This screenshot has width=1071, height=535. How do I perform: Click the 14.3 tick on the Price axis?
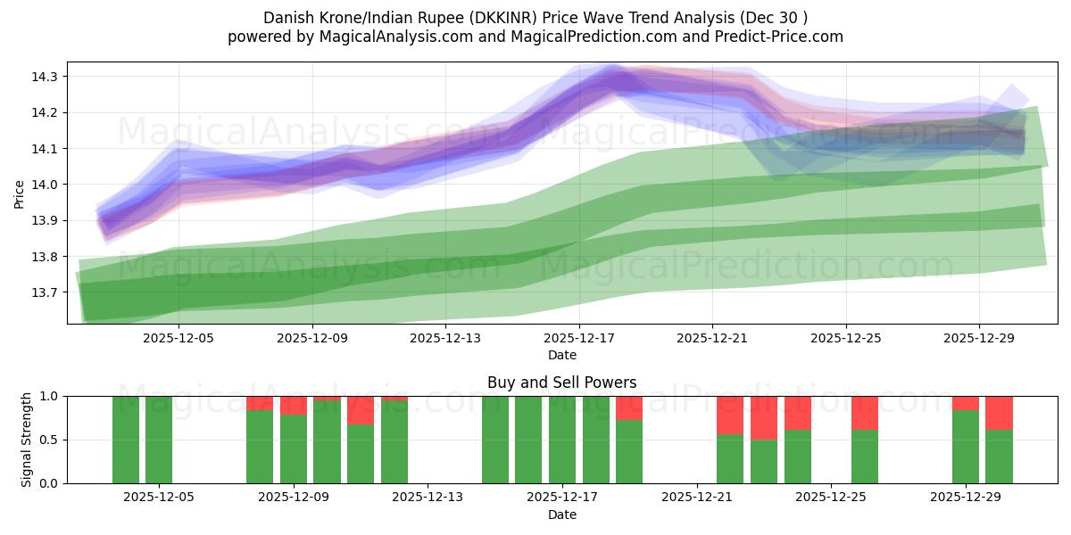45,77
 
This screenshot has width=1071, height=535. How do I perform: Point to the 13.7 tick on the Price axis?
45,292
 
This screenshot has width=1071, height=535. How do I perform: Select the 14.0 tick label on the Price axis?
45,185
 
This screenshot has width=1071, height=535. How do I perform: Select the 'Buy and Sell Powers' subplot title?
561,383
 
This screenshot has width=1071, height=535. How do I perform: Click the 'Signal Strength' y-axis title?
27,439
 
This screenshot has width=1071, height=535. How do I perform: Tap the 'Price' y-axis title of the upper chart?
20,193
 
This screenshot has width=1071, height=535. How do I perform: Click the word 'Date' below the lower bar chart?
561,514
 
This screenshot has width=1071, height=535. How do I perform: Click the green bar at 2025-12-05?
159,440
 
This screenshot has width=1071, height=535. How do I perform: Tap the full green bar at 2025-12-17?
562,440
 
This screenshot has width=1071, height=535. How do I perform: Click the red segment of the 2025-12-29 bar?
966,403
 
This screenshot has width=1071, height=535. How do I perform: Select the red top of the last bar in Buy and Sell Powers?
999,413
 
